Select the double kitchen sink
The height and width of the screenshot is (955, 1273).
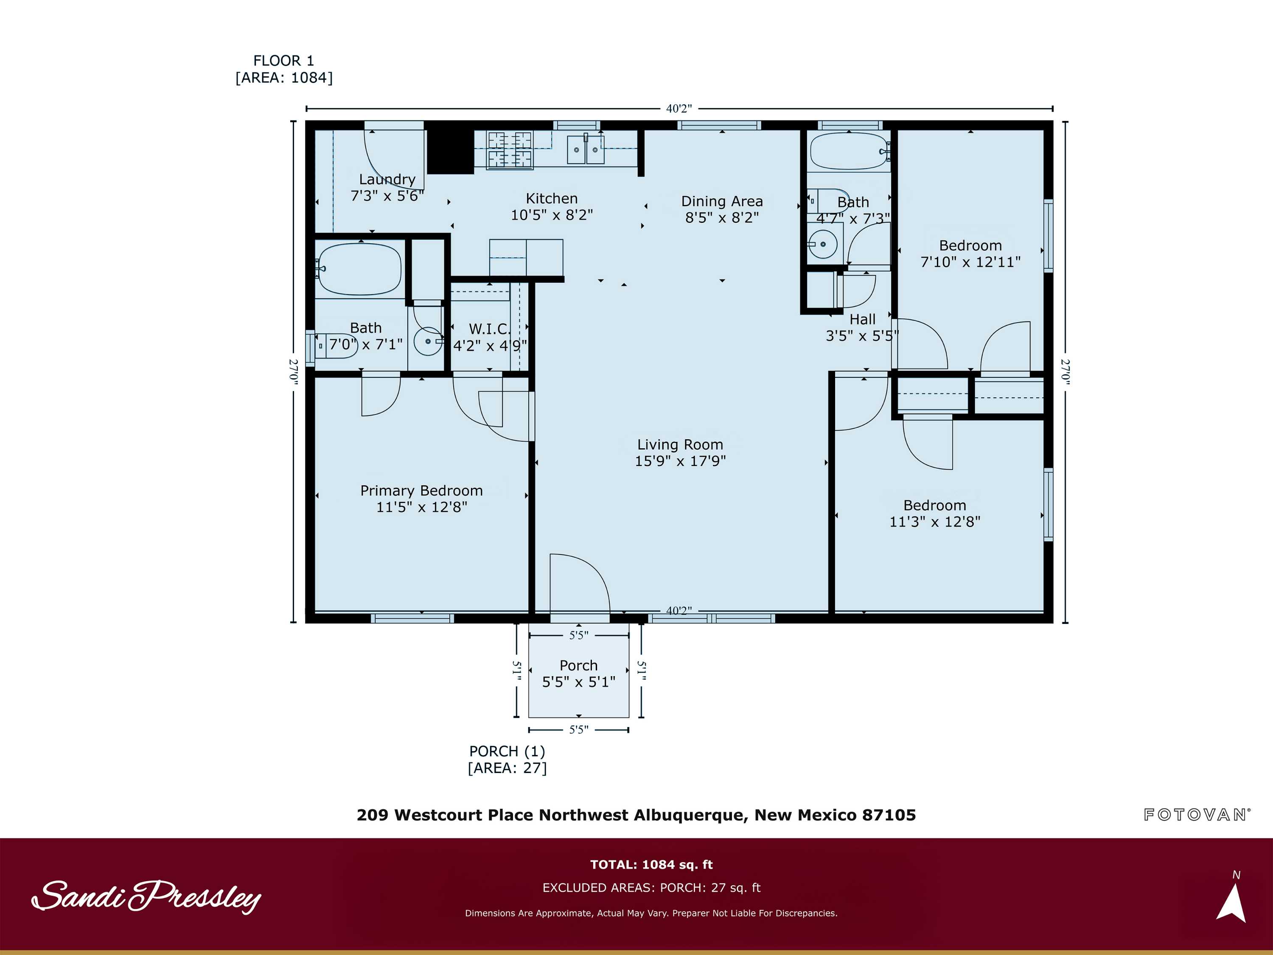click(x=585, y=150)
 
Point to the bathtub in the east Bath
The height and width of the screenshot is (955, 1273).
click(x=849, y=151)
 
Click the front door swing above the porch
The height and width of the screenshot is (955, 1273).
click(x=578, y=584)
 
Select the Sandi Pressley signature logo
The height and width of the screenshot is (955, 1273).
click(x=146, y=896)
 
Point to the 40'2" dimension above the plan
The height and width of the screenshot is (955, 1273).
click(x=679, y=108)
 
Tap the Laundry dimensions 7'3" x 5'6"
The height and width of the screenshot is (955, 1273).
click(x=387, y=196)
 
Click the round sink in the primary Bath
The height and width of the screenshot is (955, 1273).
click(x=428, y=341)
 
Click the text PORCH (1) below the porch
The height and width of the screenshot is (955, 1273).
click(x=506, y=751)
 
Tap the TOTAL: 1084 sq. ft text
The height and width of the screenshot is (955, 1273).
click(x=651, y=865)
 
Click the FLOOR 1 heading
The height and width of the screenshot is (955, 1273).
click(x=284, y=60)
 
